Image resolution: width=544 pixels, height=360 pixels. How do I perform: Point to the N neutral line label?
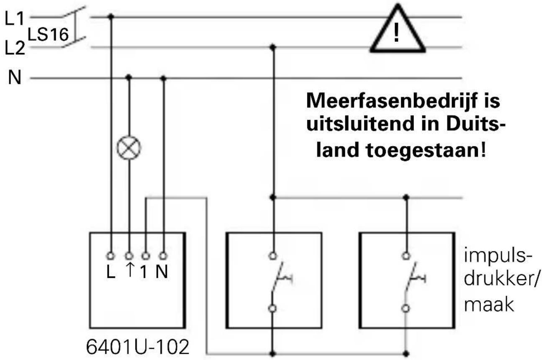(15, 78)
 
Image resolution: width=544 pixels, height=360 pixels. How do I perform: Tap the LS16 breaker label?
(48, 36)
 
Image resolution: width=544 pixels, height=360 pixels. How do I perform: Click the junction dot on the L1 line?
(111, 17)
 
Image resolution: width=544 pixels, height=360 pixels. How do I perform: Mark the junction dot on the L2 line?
(273, 47)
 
